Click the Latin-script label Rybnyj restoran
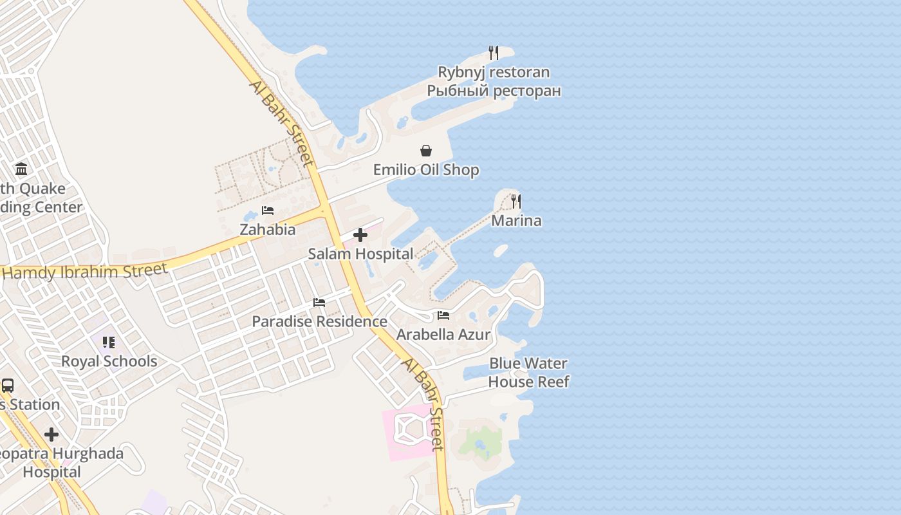click(494, 72)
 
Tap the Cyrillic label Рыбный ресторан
click(494, 91)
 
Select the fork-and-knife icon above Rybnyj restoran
click(494, 53)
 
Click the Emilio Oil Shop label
click(426, 170)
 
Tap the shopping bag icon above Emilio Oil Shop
click(426, 151)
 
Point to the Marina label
click(516, 221)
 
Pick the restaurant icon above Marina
click(516, 201)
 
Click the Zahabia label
click(268, 230)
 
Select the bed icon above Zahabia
click(268, 211)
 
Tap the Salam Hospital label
click(360, 254)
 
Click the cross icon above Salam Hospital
click(360, 235)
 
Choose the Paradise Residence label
click(319, 321)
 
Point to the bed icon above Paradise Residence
click(319, 303)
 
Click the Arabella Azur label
click(443, 335)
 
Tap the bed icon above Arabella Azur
click(443, 315)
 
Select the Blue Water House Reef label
click(528, 373)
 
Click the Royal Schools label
click(109, 361)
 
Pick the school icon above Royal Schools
click(109, 342)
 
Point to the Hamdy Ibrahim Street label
click(85, 271)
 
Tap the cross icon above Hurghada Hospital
click(51, 435)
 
